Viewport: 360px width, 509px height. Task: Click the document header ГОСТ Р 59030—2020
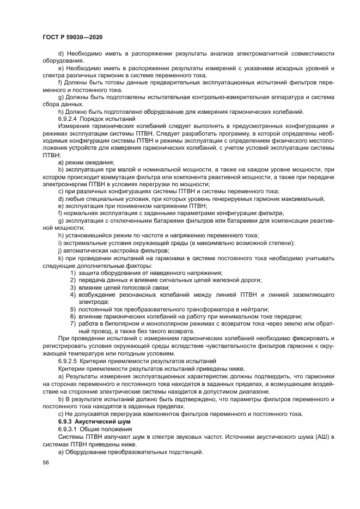pos(72,36)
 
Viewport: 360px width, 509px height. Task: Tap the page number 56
pos(46,462)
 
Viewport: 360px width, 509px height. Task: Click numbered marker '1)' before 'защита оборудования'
pos(72,272)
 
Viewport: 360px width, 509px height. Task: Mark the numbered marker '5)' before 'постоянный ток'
pos(72,309)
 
